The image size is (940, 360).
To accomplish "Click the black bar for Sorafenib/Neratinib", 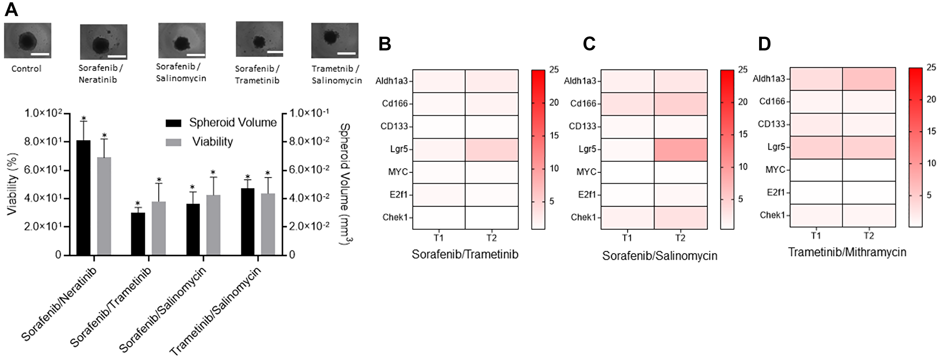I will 83,197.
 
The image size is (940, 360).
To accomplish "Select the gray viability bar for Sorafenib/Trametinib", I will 159,228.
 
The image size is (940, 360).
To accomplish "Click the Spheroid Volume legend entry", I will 221,123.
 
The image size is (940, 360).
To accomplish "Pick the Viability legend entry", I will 200,142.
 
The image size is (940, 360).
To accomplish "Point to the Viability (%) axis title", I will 12,184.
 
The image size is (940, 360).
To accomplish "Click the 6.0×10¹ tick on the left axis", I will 43,170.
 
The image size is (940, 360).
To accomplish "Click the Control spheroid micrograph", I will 27,40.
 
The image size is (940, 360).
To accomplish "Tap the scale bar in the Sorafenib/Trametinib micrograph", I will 275,52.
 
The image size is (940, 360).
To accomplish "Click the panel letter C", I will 589,44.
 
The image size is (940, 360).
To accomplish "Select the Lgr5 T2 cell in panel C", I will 680,149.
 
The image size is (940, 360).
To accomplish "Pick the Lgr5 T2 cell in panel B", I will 492,149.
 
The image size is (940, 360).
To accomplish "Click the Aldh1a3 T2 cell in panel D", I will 869,78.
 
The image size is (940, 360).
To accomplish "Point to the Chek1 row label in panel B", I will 395,217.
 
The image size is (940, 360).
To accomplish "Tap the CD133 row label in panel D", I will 771,124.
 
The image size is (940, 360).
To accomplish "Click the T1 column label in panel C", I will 627,238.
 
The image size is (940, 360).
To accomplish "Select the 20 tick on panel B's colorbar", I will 554,102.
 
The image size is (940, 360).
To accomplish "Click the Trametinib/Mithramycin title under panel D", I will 847,252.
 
